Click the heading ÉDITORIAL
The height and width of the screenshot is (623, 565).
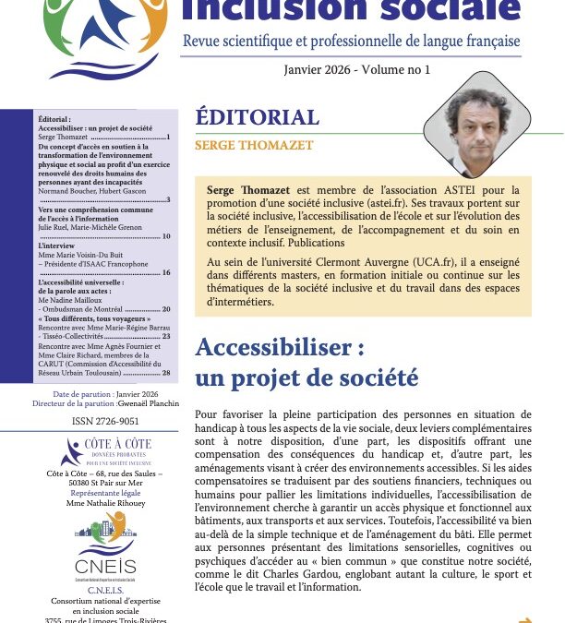click(x=258, y=117)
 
